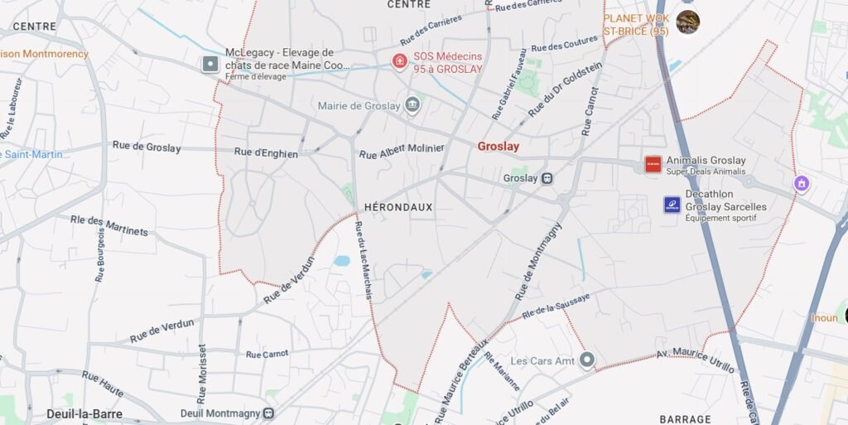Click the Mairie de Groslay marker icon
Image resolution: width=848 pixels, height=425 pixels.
[412, 105]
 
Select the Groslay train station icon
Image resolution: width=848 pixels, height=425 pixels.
[547, 178]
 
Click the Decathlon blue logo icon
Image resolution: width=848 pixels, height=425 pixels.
[672, 204]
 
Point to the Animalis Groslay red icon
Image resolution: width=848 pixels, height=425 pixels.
[653, 163]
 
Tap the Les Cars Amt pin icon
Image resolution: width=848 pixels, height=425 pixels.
[587, 360]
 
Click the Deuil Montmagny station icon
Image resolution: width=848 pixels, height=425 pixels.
[268, 413]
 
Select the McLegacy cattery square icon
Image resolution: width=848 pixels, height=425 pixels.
[211, 63]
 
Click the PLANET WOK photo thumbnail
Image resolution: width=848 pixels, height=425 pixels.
[687, 22]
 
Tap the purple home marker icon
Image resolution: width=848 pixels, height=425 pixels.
[801, 183]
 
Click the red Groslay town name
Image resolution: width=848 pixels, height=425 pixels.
[499, 147]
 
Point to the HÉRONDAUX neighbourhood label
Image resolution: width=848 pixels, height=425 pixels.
[398, 207]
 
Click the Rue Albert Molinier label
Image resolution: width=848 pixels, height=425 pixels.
[402, 152]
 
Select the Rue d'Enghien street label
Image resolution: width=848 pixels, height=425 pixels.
[266, 152]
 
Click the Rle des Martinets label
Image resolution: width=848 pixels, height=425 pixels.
[109, 225]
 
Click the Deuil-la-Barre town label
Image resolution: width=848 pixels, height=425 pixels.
[84, 413]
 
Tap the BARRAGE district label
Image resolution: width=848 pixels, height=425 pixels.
[685, 419]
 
